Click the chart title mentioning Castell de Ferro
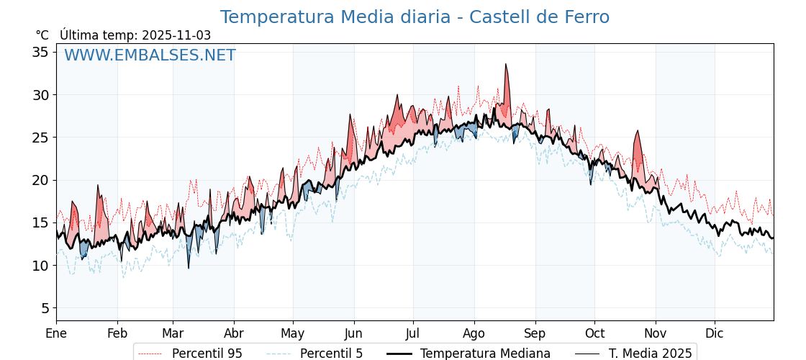[x=415, y=17]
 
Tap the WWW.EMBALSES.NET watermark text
[x=150, y=55]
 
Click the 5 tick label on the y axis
[x=45, y=308]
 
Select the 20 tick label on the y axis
[x=40, y=180]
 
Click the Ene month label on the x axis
[x=56, y=333]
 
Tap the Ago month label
[x=474, y=333]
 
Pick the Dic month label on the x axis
[x=715, y=333]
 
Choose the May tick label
[x=293, y=333]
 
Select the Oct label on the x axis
[x=594, y=333]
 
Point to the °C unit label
[x=42, y=35]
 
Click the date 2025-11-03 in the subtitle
[x=176, y=35]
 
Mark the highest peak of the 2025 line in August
[x=506, y=65]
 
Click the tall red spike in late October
[x=637, y=132]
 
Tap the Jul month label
[x=413, y=333]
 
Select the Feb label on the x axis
[x=117, y=333]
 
